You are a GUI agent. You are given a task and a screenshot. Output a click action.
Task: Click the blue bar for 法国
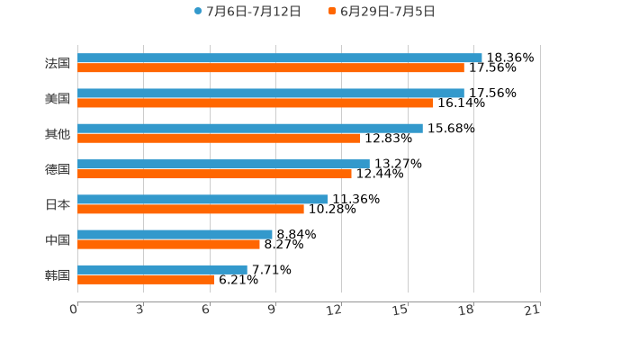pyautogui.click(x=280, y=58)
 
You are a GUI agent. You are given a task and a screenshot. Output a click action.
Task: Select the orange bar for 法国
pyautogui.click(x=271, y=67)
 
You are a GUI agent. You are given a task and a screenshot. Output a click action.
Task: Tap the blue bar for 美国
pyautogui.click(x=271, y=93)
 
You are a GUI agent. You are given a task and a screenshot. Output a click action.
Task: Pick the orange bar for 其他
pyautogui.click(x=219, y=138)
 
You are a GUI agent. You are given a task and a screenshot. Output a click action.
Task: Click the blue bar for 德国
pyautogui.click(x=223, y=164)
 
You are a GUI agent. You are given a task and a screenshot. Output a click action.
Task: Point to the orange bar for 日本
pyautogui.click(x=191, y=209)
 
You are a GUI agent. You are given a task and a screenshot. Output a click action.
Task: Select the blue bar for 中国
pyautogui.click(x=175, y=234)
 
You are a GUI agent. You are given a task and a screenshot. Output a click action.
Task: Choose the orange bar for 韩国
pyautogui.click(x=146, y=279)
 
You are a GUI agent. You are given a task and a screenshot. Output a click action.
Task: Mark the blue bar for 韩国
pyautogui.click(x=162, y=269)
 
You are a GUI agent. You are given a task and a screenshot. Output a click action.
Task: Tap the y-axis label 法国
pyautogui.click(x=58, y=63)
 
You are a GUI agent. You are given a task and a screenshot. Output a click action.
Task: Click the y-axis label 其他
pyautogui.click(x=58, y=133)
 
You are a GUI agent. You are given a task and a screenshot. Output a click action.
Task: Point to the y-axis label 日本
pyautogui.click(x=58, y=204)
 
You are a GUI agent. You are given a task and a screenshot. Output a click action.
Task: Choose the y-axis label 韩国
pyautogui.click(x=58, y=274)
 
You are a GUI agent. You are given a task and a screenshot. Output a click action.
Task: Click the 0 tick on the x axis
pyautogui.click(x=74, y=310)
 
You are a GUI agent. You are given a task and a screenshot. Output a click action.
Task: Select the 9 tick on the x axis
pyautogui.click(x=272, y=310)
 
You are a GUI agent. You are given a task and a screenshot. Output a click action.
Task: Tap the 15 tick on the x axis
pyautogui.click(x=401, y=310)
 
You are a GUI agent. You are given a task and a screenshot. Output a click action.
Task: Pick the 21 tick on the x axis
pyautogui.click(x=533, y=310)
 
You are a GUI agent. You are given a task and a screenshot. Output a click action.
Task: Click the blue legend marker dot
pyautogui.click(x=198, y=12)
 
